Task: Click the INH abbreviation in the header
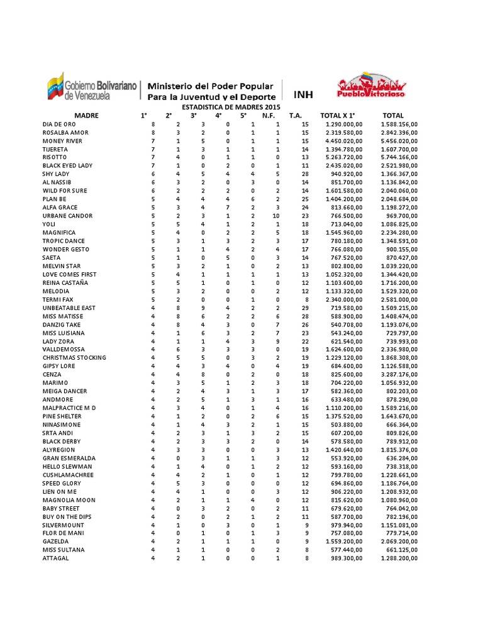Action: (303, 95)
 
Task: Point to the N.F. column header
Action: (269, 116)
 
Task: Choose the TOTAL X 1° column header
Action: (338, 116)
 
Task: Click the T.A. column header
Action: (296, 116)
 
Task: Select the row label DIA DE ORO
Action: (59, 125)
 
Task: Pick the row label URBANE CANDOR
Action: (67, 216)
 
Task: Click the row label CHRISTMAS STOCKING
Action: (74, 357)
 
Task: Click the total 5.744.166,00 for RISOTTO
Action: (399, 157)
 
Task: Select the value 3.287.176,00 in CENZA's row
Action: (399, 374)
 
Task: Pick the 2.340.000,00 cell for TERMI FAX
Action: (340, 299)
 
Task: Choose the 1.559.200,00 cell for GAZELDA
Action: (340, 541)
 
